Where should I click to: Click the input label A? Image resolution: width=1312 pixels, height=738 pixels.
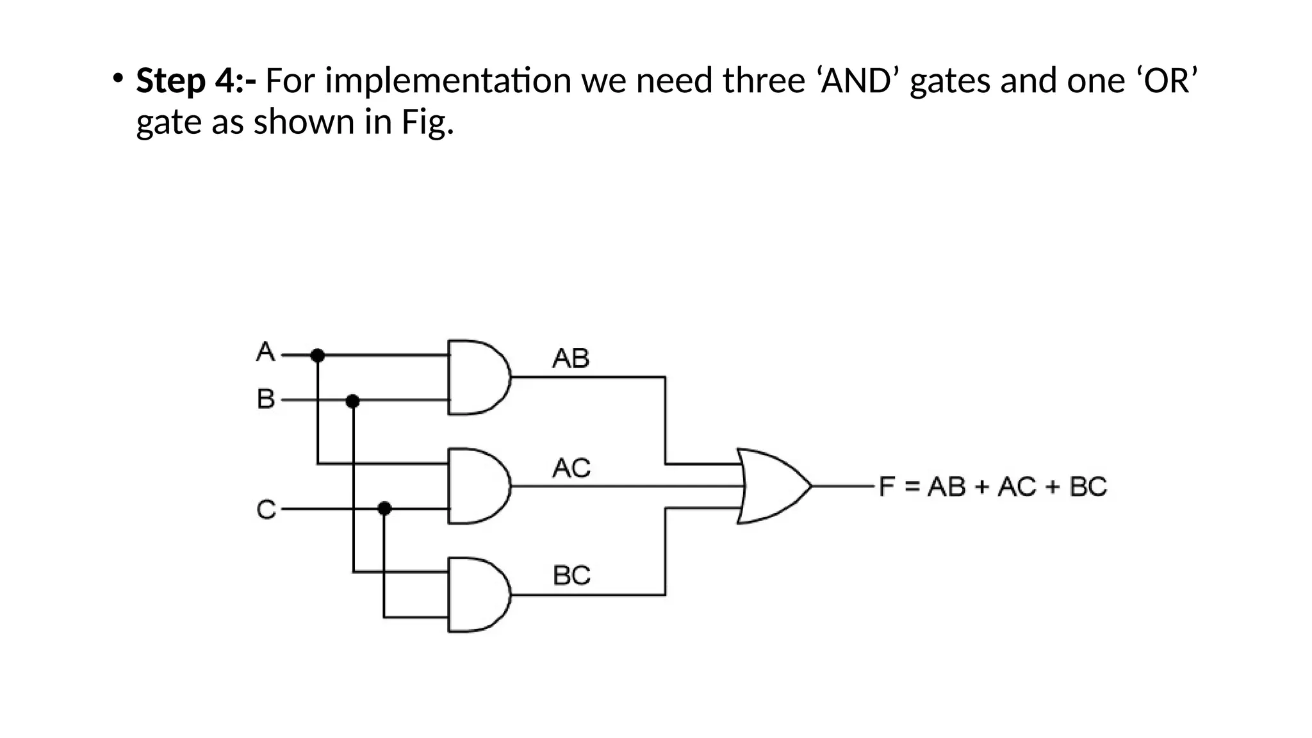pos(265,352)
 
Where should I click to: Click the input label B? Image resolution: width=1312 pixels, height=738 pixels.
pos(265,399)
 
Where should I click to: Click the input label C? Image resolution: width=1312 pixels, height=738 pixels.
pos(266,510)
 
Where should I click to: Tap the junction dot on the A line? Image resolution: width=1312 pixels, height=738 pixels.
pos(317,355)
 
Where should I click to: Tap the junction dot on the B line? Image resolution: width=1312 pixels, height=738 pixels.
pos(352,401)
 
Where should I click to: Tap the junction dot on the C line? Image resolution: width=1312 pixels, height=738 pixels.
pos(384,509)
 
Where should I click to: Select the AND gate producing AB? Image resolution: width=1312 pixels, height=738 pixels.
pos(477,377)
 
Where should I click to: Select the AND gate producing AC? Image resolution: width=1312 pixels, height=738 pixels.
pos(477,486)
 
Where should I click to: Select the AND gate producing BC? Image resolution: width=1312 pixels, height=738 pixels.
pos(477,595)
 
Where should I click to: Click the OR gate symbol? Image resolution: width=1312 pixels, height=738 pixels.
pos(772,486)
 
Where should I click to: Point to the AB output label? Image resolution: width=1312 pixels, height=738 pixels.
pos(570,358)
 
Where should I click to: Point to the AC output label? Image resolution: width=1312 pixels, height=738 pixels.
pos(571,468)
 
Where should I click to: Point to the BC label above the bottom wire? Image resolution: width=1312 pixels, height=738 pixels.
pos(571,575)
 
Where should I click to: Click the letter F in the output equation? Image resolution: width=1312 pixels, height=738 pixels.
pos(887,486)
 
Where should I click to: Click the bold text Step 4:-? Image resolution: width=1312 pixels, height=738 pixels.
pos(196,81)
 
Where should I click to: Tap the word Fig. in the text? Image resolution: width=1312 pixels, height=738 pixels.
pos(427,122)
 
